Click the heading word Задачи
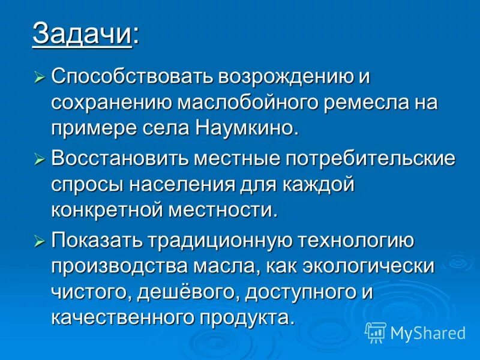82,33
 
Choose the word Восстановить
119,160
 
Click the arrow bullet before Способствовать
40,77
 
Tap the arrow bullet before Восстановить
40,160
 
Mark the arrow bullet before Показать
40,241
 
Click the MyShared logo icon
375,332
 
